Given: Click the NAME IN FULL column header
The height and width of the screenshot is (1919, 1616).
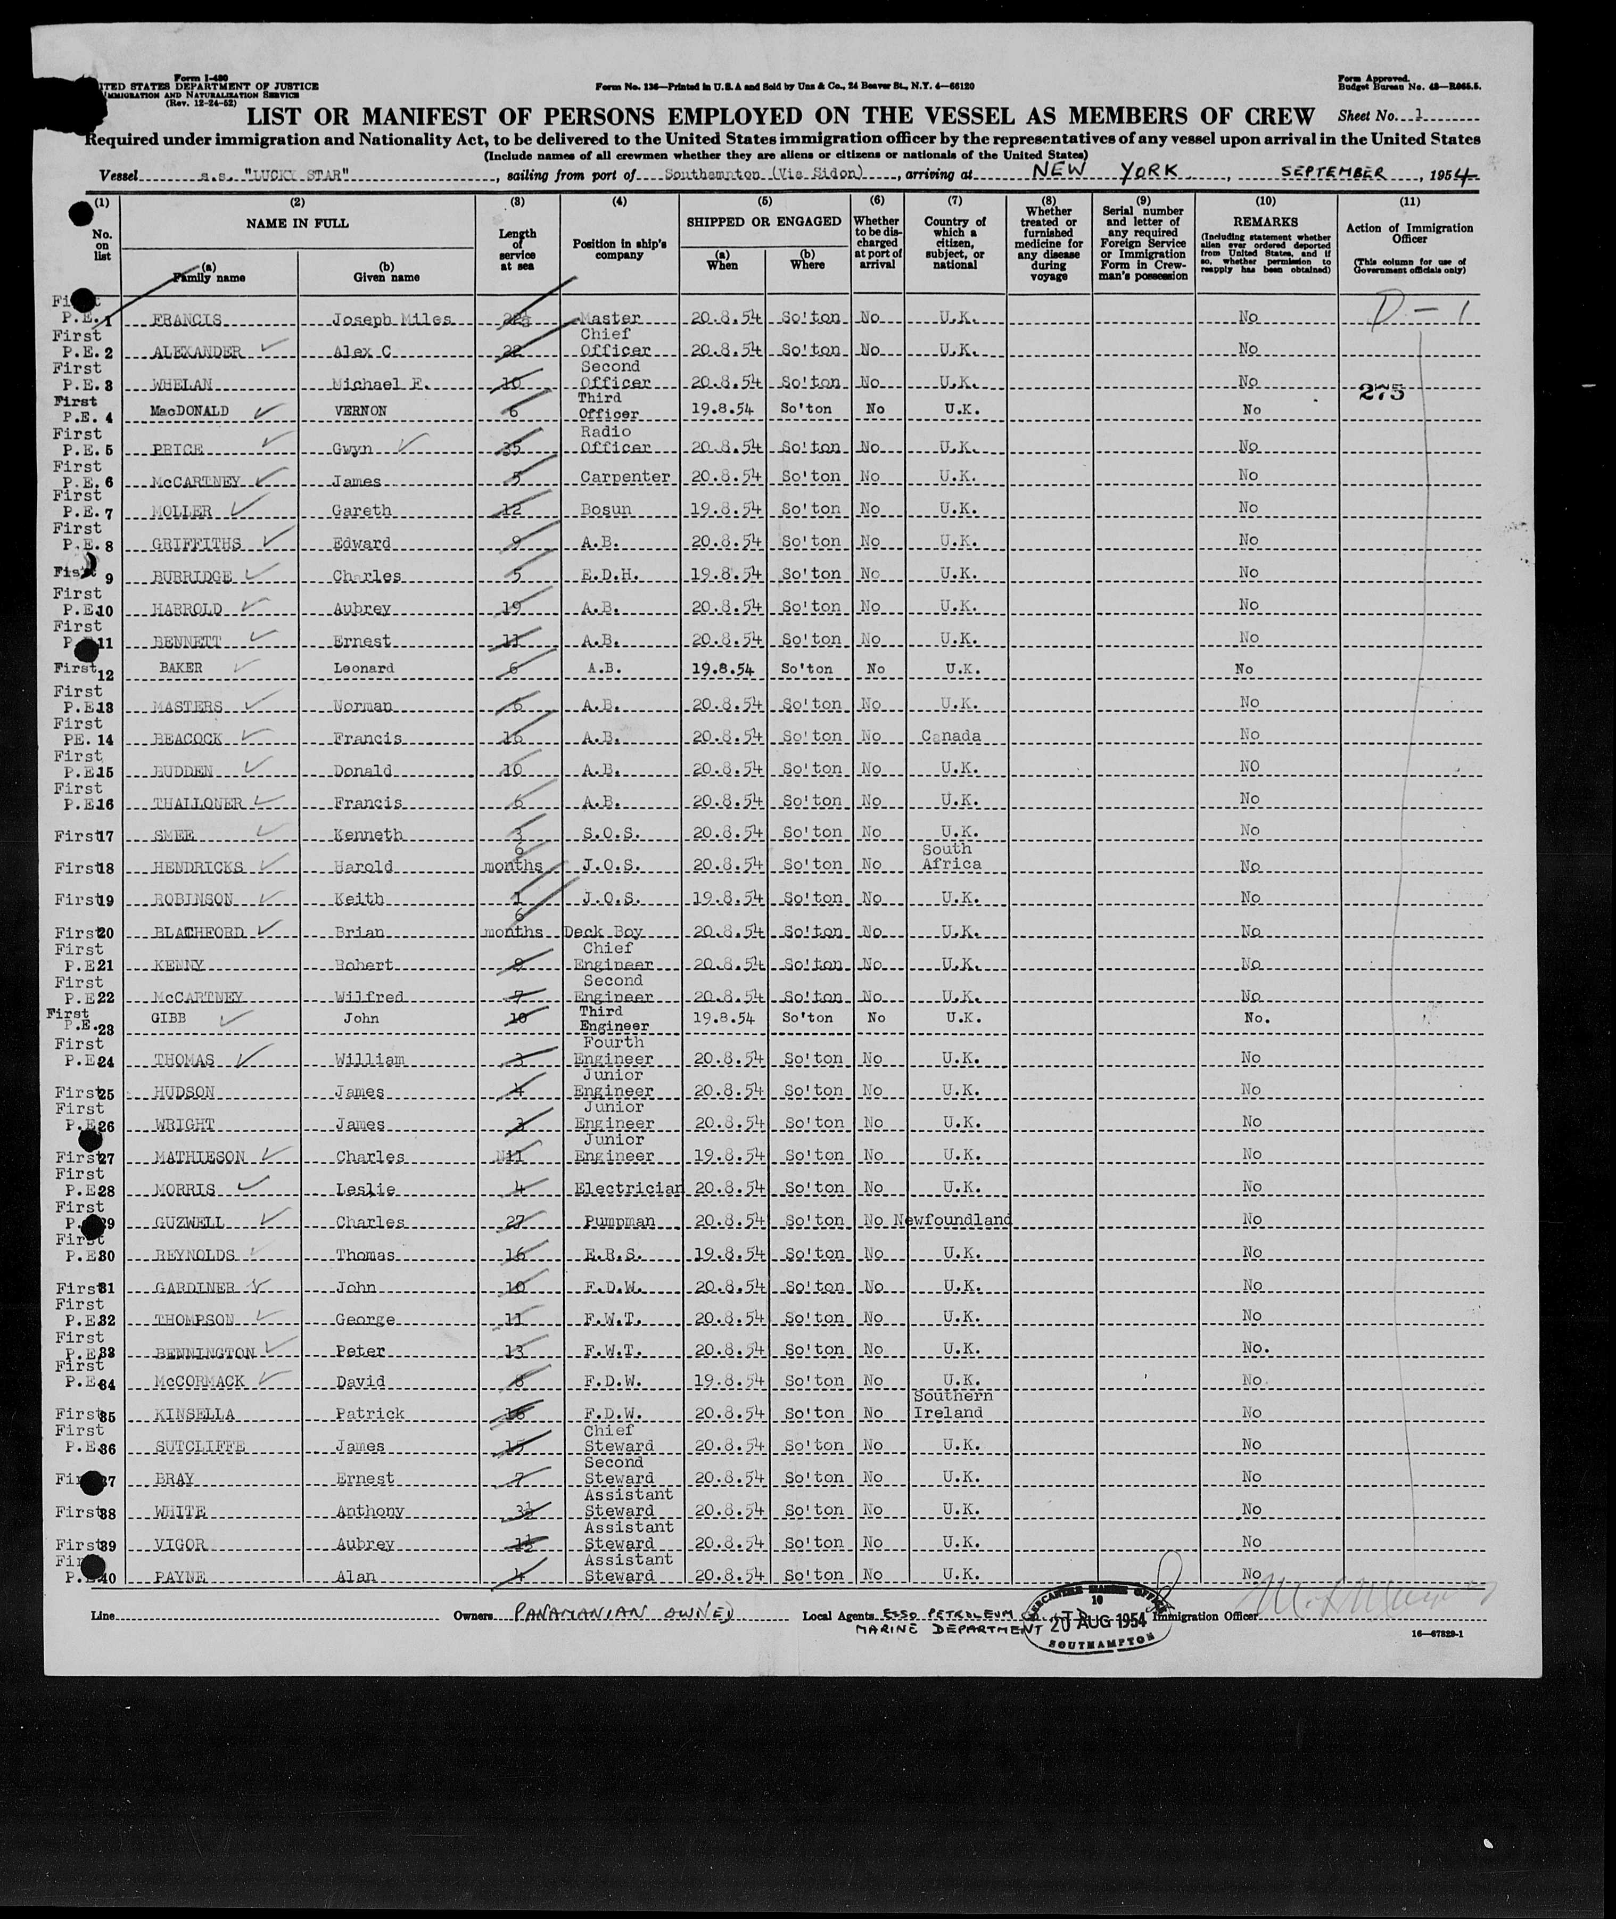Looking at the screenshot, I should click(x=298, y=223).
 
